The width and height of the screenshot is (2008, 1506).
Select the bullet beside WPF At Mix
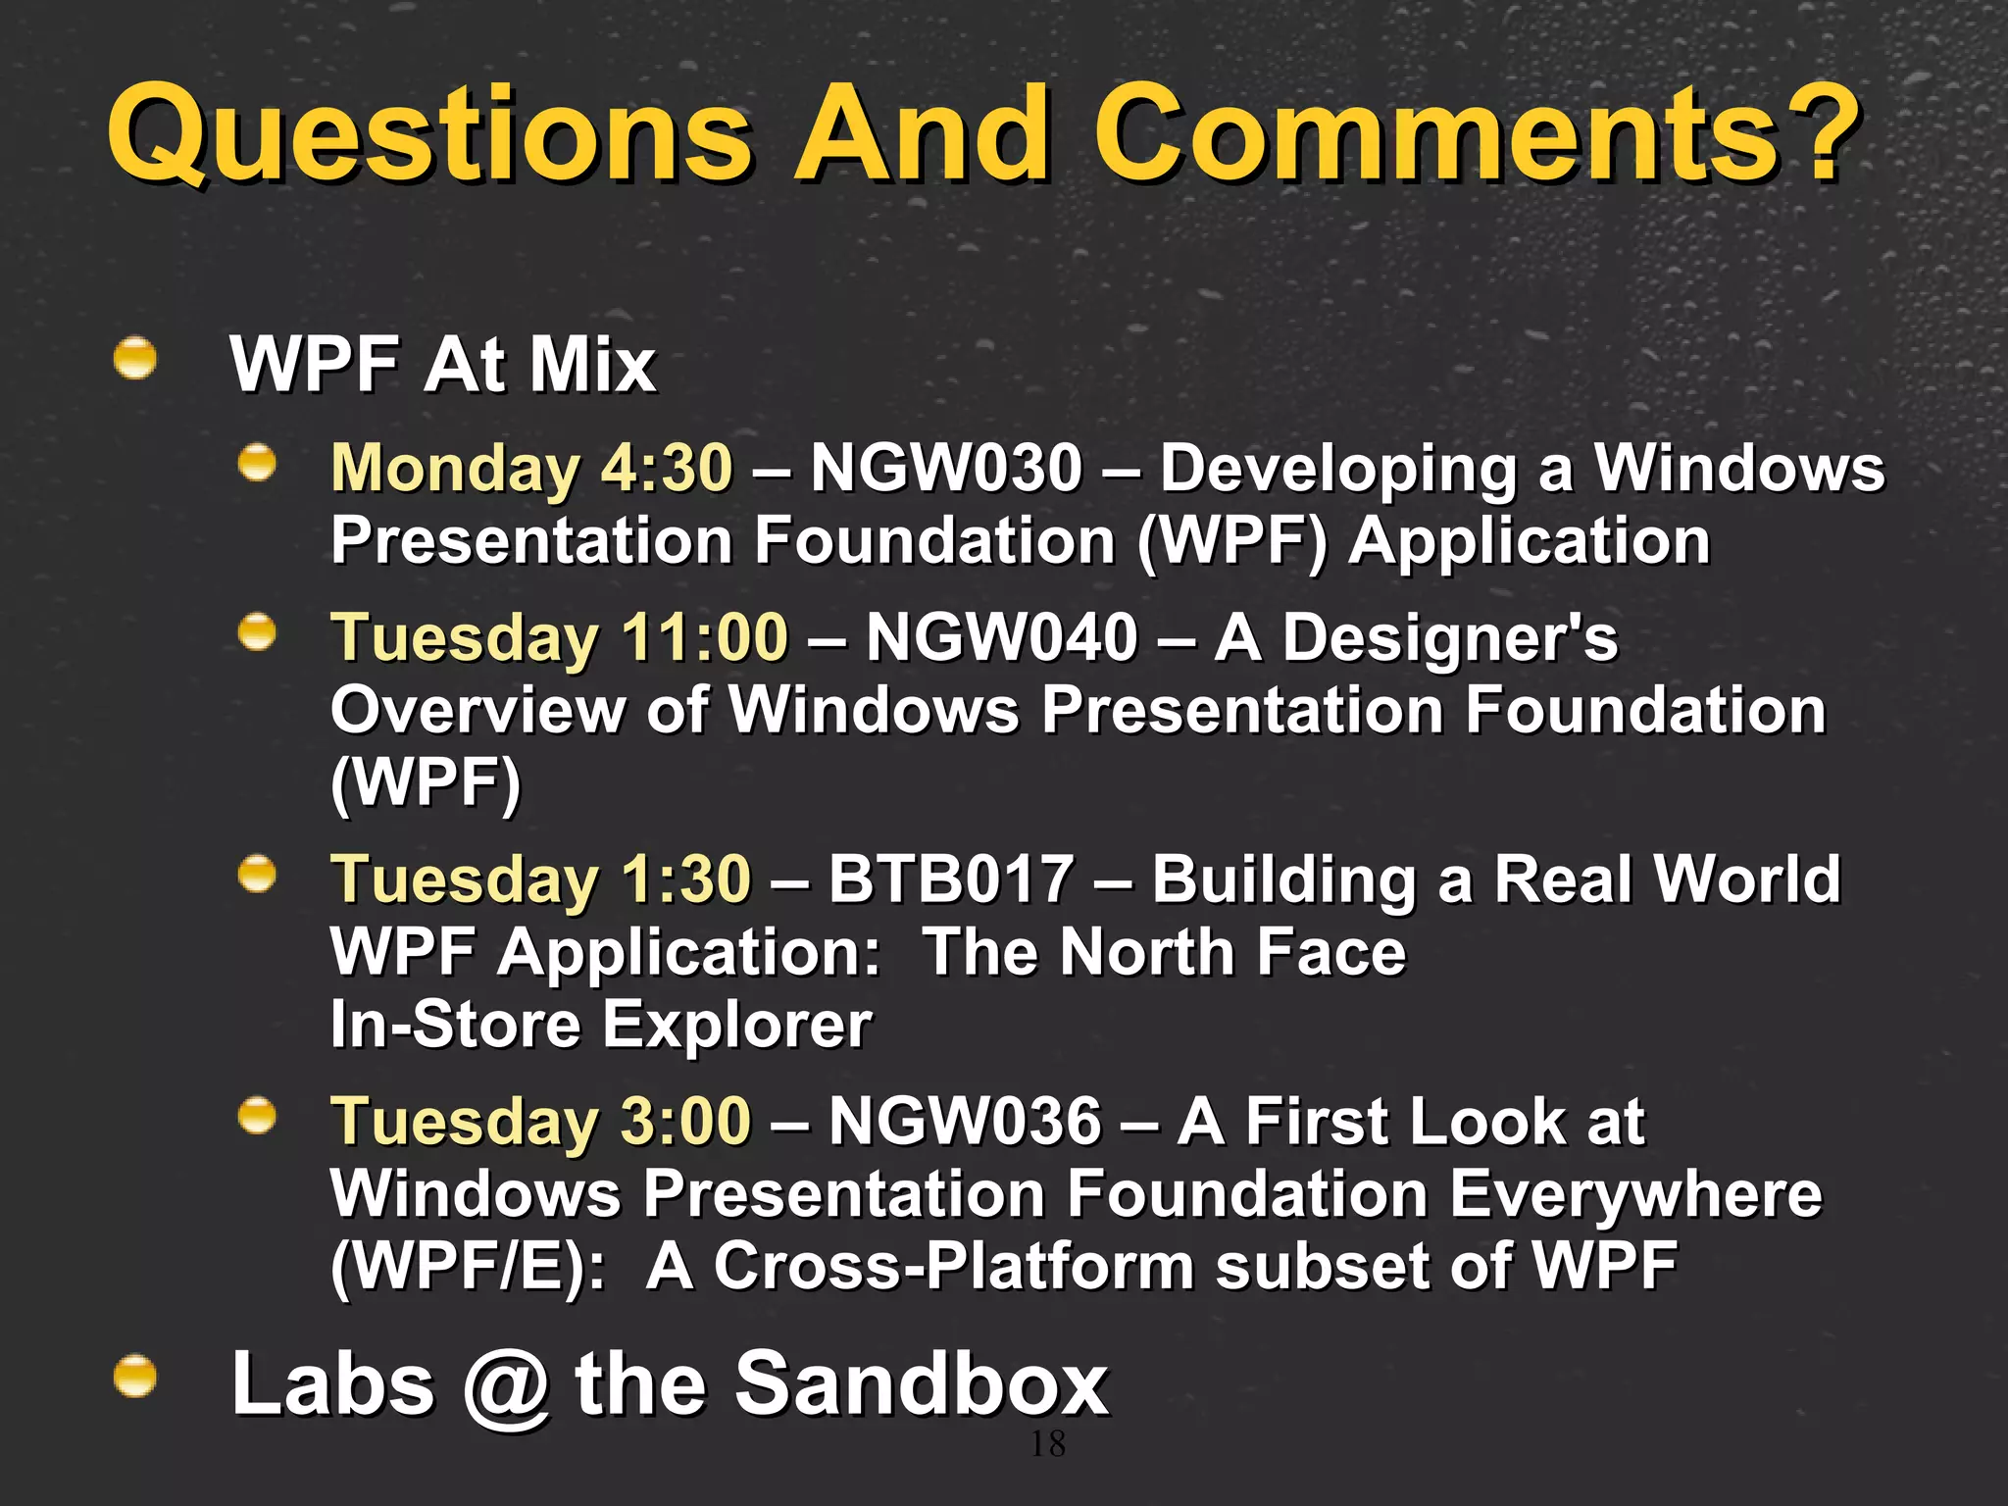[135, 359]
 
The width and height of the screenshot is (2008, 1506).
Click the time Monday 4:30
[531, 468]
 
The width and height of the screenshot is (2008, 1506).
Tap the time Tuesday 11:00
[559, 637]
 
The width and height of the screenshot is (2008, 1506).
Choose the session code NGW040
[1001, 637]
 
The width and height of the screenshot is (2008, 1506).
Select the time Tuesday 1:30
[540, 878]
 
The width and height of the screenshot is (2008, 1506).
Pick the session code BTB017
[950, 878]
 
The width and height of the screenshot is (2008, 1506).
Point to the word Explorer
[736, 1025]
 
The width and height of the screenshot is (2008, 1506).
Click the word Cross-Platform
[953, 1266]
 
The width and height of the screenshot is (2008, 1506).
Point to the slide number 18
[1047, 1443]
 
